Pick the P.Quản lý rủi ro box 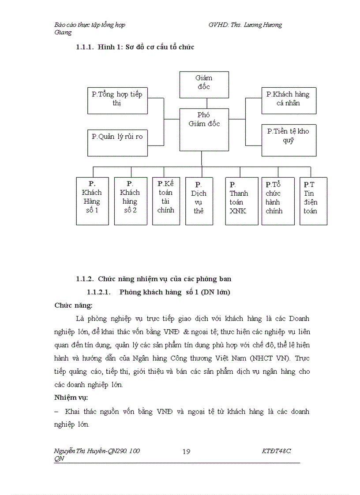(117, 137)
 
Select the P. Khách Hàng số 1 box (92, 201)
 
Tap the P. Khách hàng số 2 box (130, 201)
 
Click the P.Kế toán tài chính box (166, 201)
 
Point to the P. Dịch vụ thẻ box (199, 201)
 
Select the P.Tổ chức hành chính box (278, 201)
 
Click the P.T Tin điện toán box (313, 201)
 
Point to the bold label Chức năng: (74, 305)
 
